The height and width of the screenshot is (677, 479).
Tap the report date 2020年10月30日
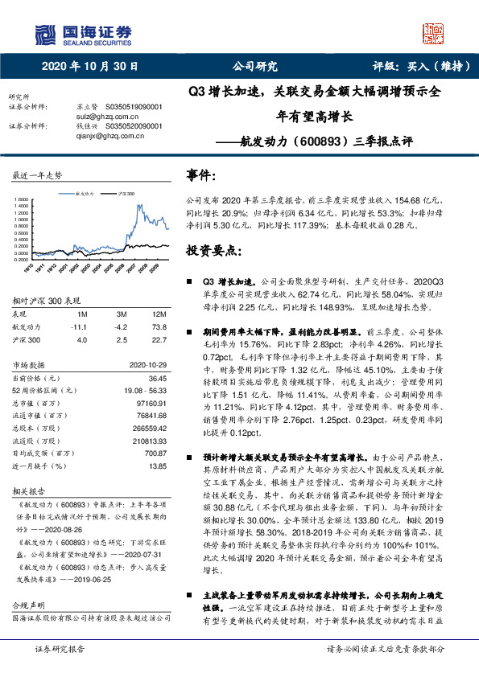coord(89,67)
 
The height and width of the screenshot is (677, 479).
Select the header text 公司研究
coord(254,67)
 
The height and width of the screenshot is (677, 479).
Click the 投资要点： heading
coord(213,251)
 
